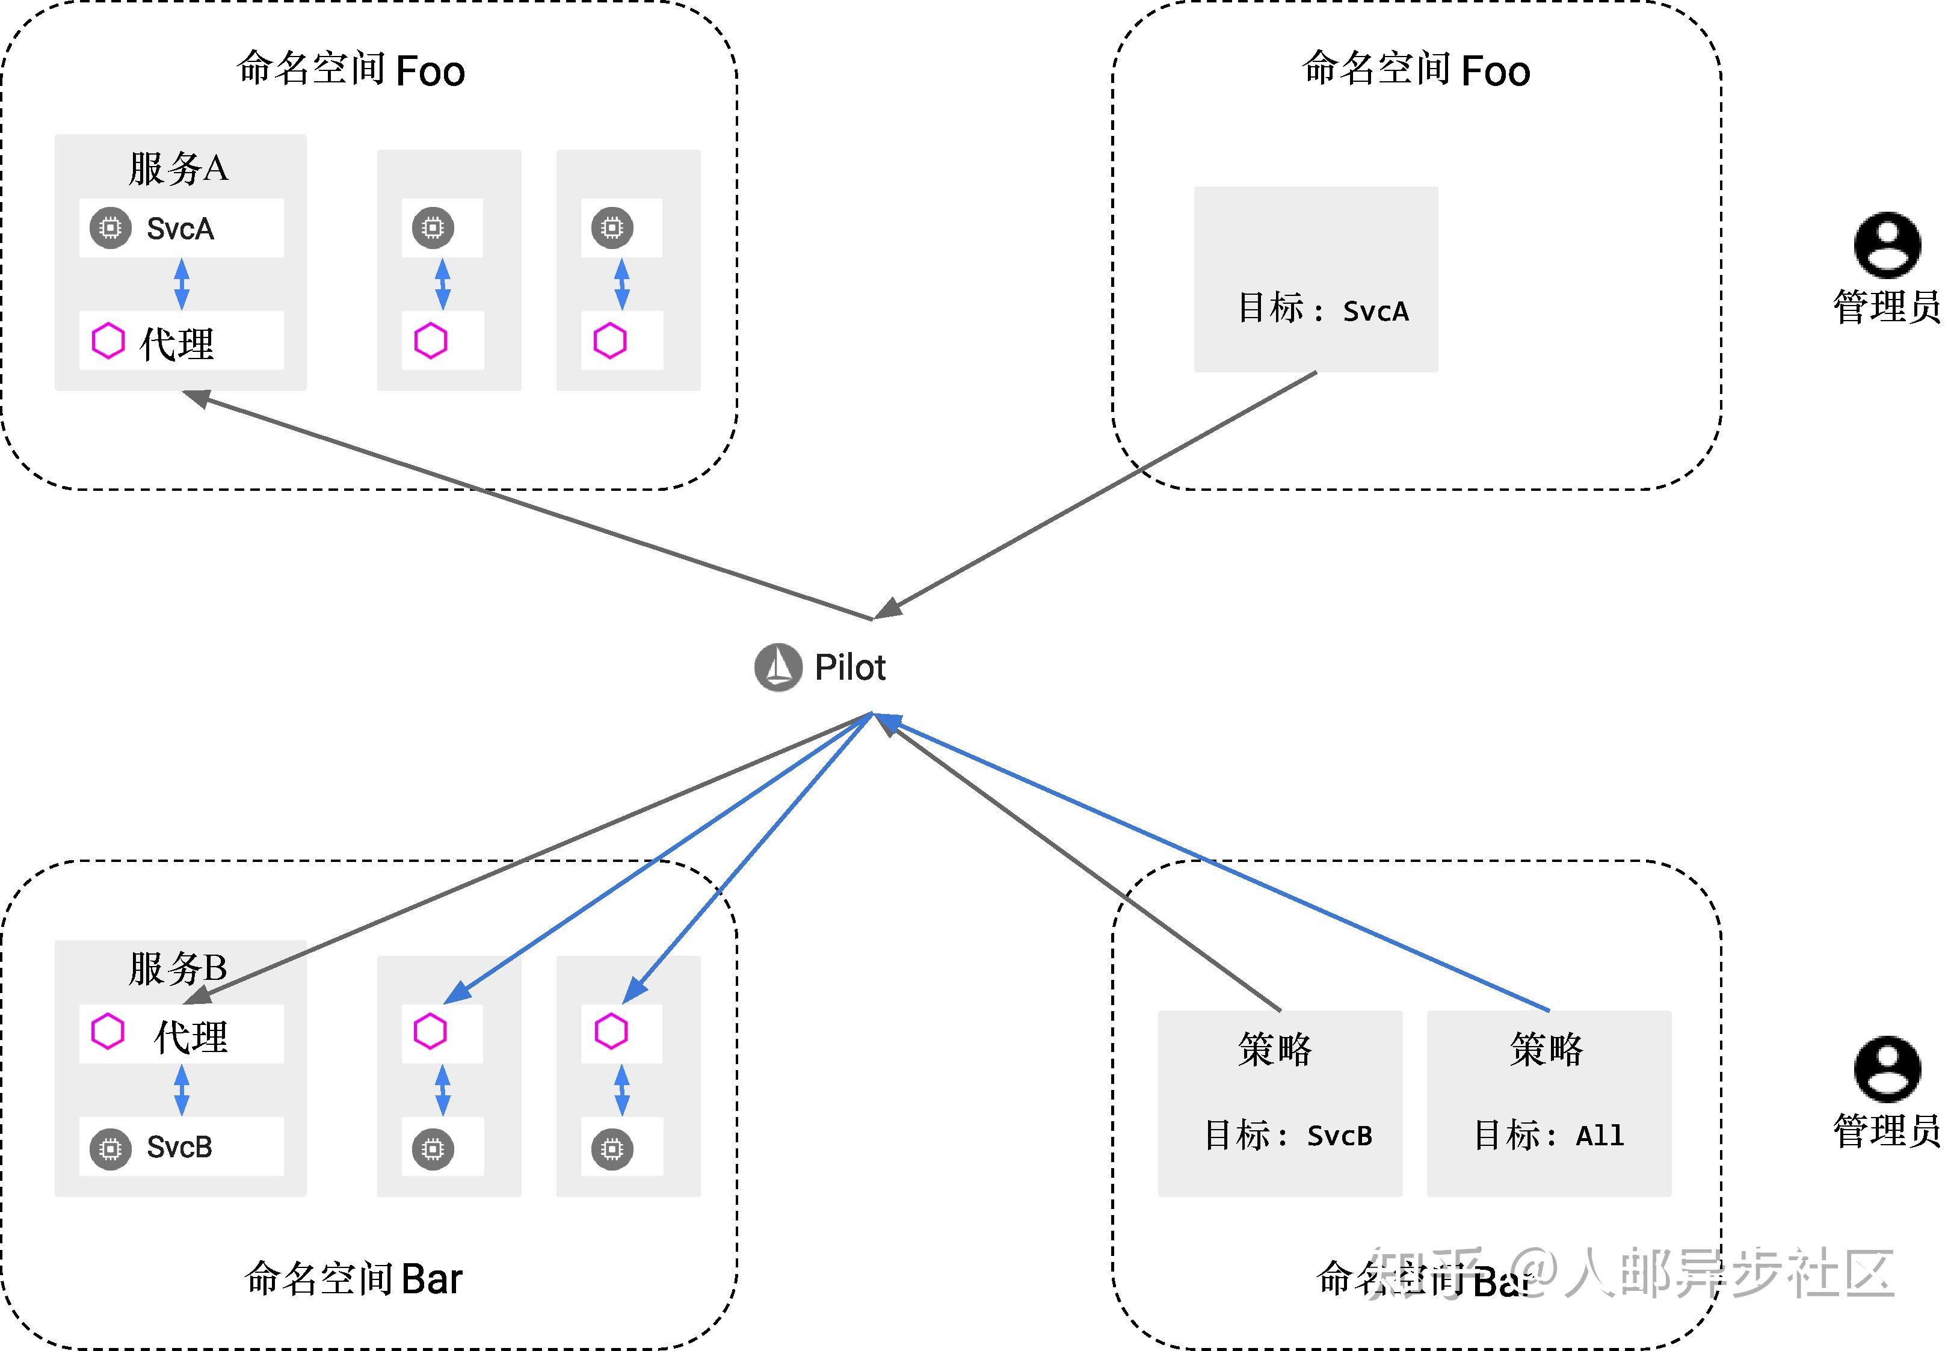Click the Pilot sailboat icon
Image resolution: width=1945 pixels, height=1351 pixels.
coord(778,667)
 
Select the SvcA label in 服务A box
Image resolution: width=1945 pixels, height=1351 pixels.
coord(180,229)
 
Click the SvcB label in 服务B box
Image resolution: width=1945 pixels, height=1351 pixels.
coord(179,1147)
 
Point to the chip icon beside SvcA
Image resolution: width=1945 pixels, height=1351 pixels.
coord(110,228)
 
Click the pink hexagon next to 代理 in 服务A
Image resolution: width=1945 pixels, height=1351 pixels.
coord(108,341)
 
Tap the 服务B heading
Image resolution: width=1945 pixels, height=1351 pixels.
coord(177,968)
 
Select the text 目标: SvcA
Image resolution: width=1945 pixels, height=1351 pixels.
coord(1323,309)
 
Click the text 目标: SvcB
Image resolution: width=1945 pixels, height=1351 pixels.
coord(1287,1135)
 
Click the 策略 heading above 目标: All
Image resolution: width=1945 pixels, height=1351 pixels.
coord(1546,1050)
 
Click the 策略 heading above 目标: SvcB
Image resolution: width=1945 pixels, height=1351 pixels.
coord(1275,1050)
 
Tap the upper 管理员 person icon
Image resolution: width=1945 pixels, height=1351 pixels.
coord(1887,245)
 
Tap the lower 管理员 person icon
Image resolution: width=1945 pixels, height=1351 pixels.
coord(1887,1068)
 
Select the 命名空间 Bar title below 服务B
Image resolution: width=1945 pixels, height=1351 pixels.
coord(353,1278)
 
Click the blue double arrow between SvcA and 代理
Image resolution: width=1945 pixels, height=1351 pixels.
coord(181,283)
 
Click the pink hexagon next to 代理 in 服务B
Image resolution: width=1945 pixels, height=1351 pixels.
coord(108,1031)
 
